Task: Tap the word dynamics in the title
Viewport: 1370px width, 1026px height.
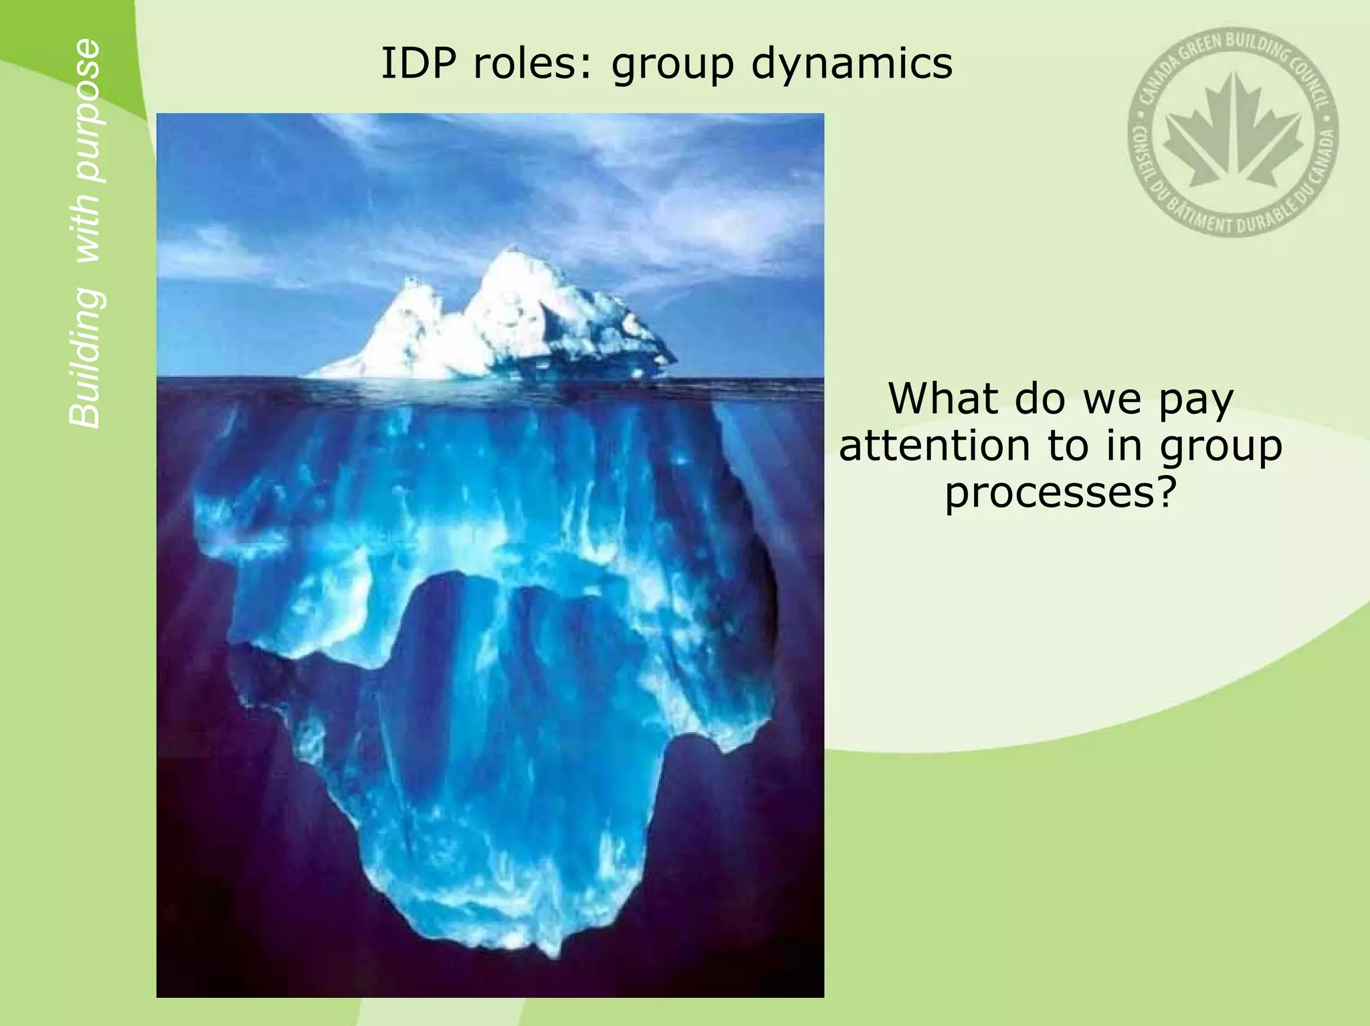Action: point(851,65)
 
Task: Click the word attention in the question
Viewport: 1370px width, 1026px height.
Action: point(934,446)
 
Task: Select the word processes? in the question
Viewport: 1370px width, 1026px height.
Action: point(1060,494)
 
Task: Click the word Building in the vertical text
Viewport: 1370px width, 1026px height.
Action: point(86,358)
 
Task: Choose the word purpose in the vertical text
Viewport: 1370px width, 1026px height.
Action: point(86,110)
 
